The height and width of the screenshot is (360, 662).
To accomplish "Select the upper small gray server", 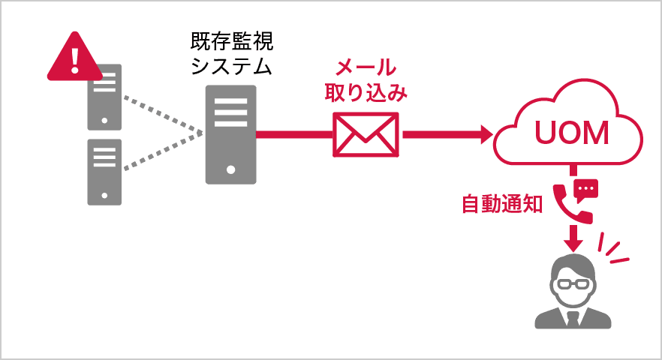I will (104, 97).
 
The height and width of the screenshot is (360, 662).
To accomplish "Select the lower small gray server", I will (104, 172).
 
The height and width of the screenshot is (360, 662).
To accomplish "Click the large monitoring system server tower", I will (231, 134).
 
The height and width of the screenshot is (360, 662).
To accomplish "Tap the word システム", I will (231, 67).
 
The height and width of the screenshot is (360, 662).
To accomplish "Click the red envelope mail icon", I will (366, 135).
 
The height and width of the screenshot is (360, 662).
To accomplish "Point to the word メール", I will (366, 67).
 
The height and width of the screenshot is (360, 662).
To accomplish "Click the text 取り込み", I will (366, 93).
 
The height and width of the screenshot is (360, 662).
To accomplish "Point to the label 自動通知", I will (501, 205).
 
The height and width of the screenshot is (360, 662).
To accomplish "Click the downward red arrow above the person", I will (574, 242).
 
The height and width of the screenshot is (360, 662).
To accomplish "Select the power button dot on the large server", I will (231, 169).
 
